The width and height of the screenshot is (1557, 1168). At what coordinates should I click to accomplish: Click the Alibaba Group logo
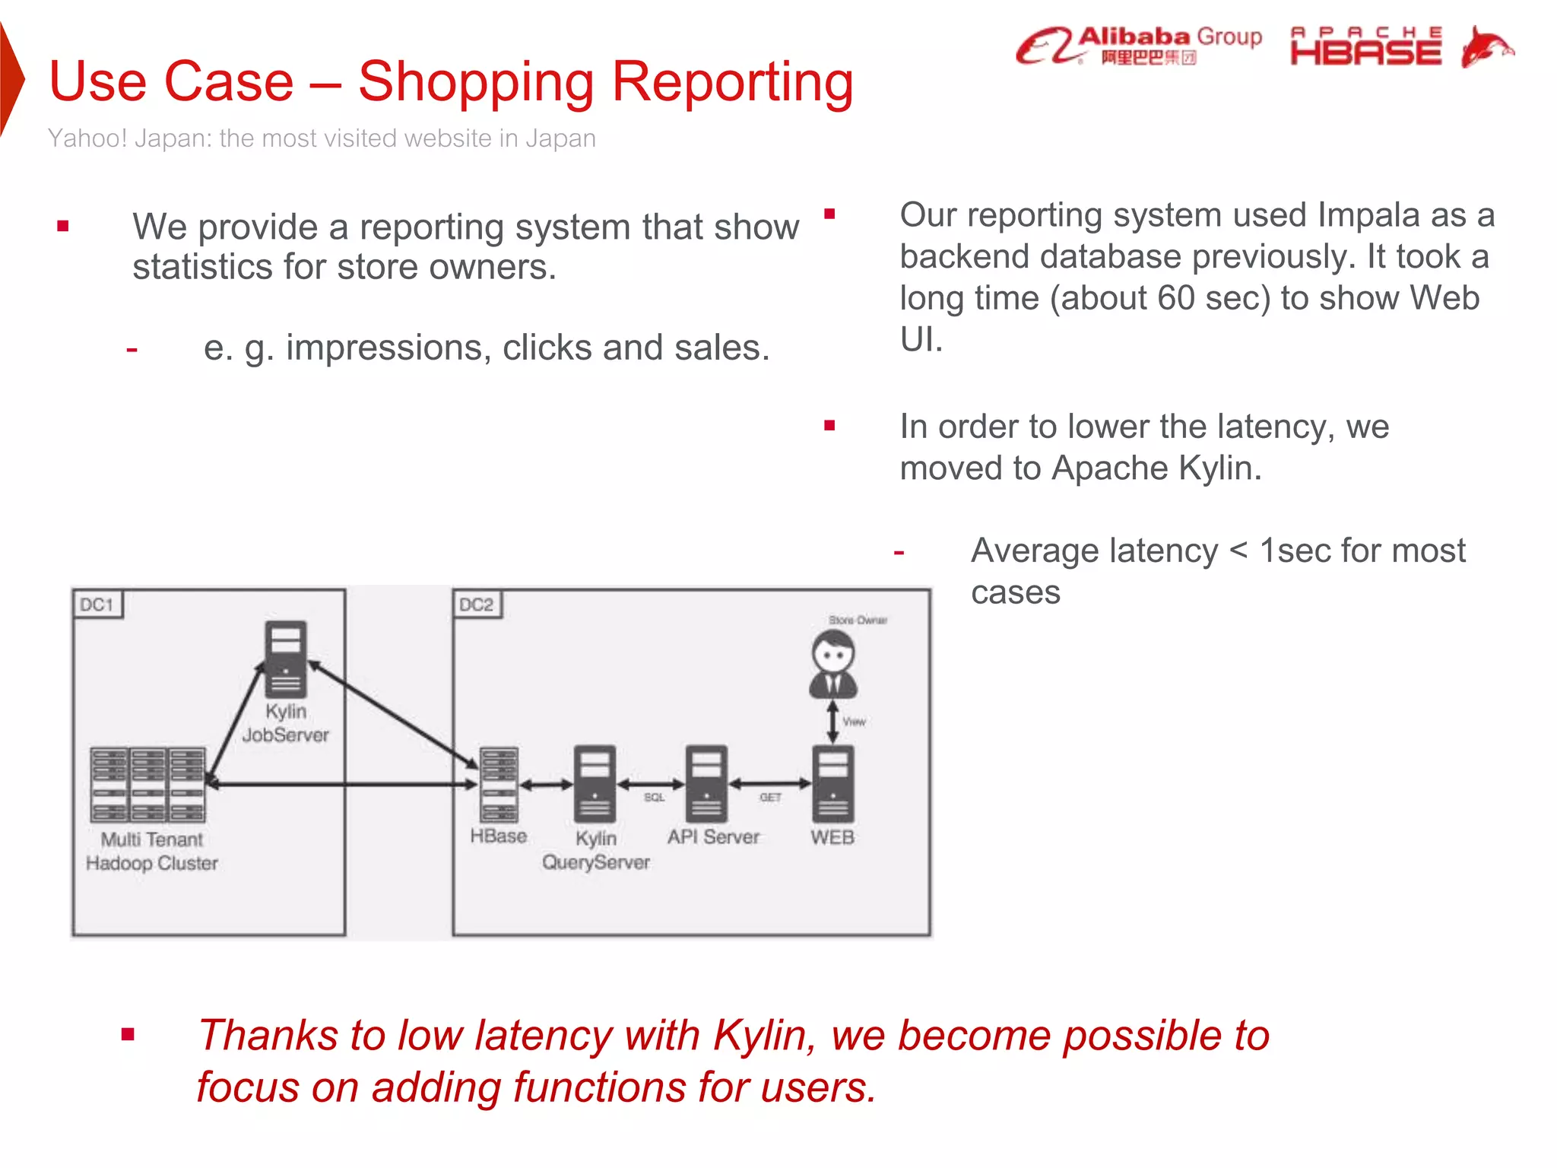click(x=1138, y=46)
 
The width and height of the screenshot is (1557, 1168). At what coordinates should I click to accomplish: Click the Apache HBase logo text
click(x=1365, y=46)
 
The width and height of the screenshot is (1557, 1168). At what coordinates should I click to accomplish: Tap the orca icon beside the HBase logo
click(x=1486, y=46)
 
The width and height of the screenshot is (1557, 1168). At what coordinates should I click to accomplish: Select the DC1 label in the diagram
click(x=97, y=605)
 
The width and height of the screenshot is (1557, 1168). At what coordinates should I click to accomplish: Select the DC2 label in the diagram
click(x=476, y=605)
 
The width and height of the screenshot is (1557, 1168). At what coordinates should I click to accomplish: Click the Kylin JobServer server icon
click(x=286, y=659)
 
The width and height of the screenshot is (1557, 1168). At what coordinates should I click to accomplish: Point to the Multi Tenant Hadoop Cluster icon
click(x=148, y=784)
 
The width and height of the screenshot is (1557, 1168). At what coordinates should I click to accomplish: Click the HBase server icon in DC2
click(x=499, y=784)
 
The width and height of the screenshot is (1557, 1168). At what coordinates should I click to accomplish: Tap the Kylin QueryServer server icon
click(x=595, y=784)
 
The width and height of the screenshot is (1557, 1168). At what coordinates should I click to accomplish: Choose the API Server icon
click(x=706, y=784)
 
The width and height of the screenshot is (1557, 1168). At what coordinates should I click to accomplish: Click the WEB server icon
click(x=833, y=784)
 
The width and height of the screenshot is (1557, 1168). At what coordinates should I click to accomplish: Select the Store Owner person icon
click(x=833, y=663)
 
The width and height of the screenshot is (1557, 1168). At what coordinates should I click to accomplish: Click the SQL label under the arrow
click(x=654, y=798)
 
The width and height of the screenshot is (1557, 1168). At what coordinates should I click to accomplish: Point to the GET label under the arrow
click(x=770, y=798)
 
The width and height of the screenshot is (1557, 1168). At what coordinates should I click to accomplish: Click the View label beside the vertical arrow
click(x=854, y=722)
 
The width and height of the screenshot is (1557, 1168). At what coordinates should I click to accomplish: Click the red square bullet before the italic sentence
click(x=128, y=1034)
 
